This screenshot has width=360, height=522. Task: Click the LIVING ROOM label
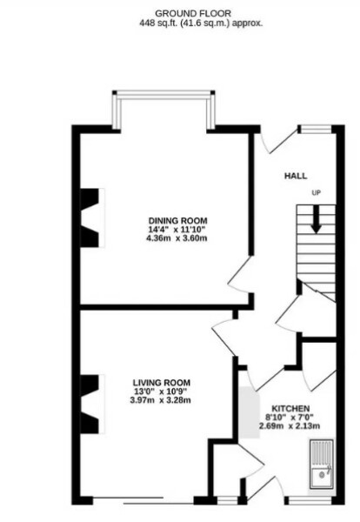coord(162,383)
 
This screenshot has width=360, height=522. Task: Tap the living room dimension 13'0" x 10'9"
coord(162,392)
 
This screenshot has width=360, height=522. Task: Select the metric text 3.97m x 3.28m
coord(162,402)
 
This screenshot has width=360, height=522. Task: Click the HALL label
coord(296,175)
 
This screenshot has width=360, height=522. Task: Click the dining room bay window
coord(162,109)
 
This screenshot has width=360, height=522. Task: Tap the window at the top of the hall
coord(314,130)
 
